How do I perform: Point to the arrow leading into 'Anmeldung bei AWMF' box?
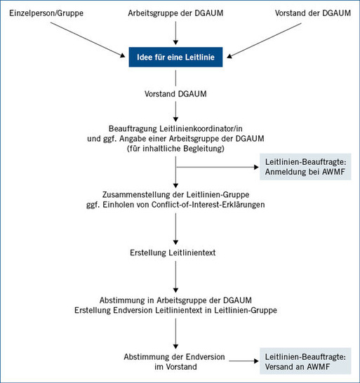pyautogui.click(x=218, y=167)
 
